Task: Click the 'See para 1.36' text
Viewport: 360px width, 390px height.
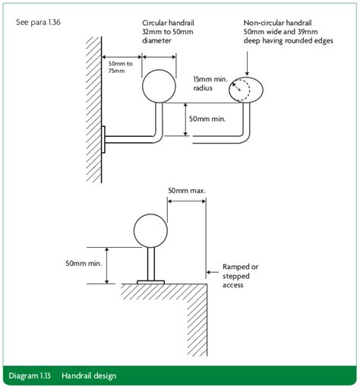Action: (39, 22)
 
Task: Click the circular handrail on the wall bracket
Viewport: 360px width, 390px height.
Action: (159, 85)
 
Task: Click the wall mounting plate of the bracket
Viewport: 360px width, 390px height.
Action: (104, 139)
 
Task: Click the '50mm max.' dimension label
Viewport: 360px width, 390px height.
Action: (187, 191)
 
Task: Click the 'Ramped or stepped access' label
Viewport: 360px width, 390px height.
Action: (240, 272)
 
